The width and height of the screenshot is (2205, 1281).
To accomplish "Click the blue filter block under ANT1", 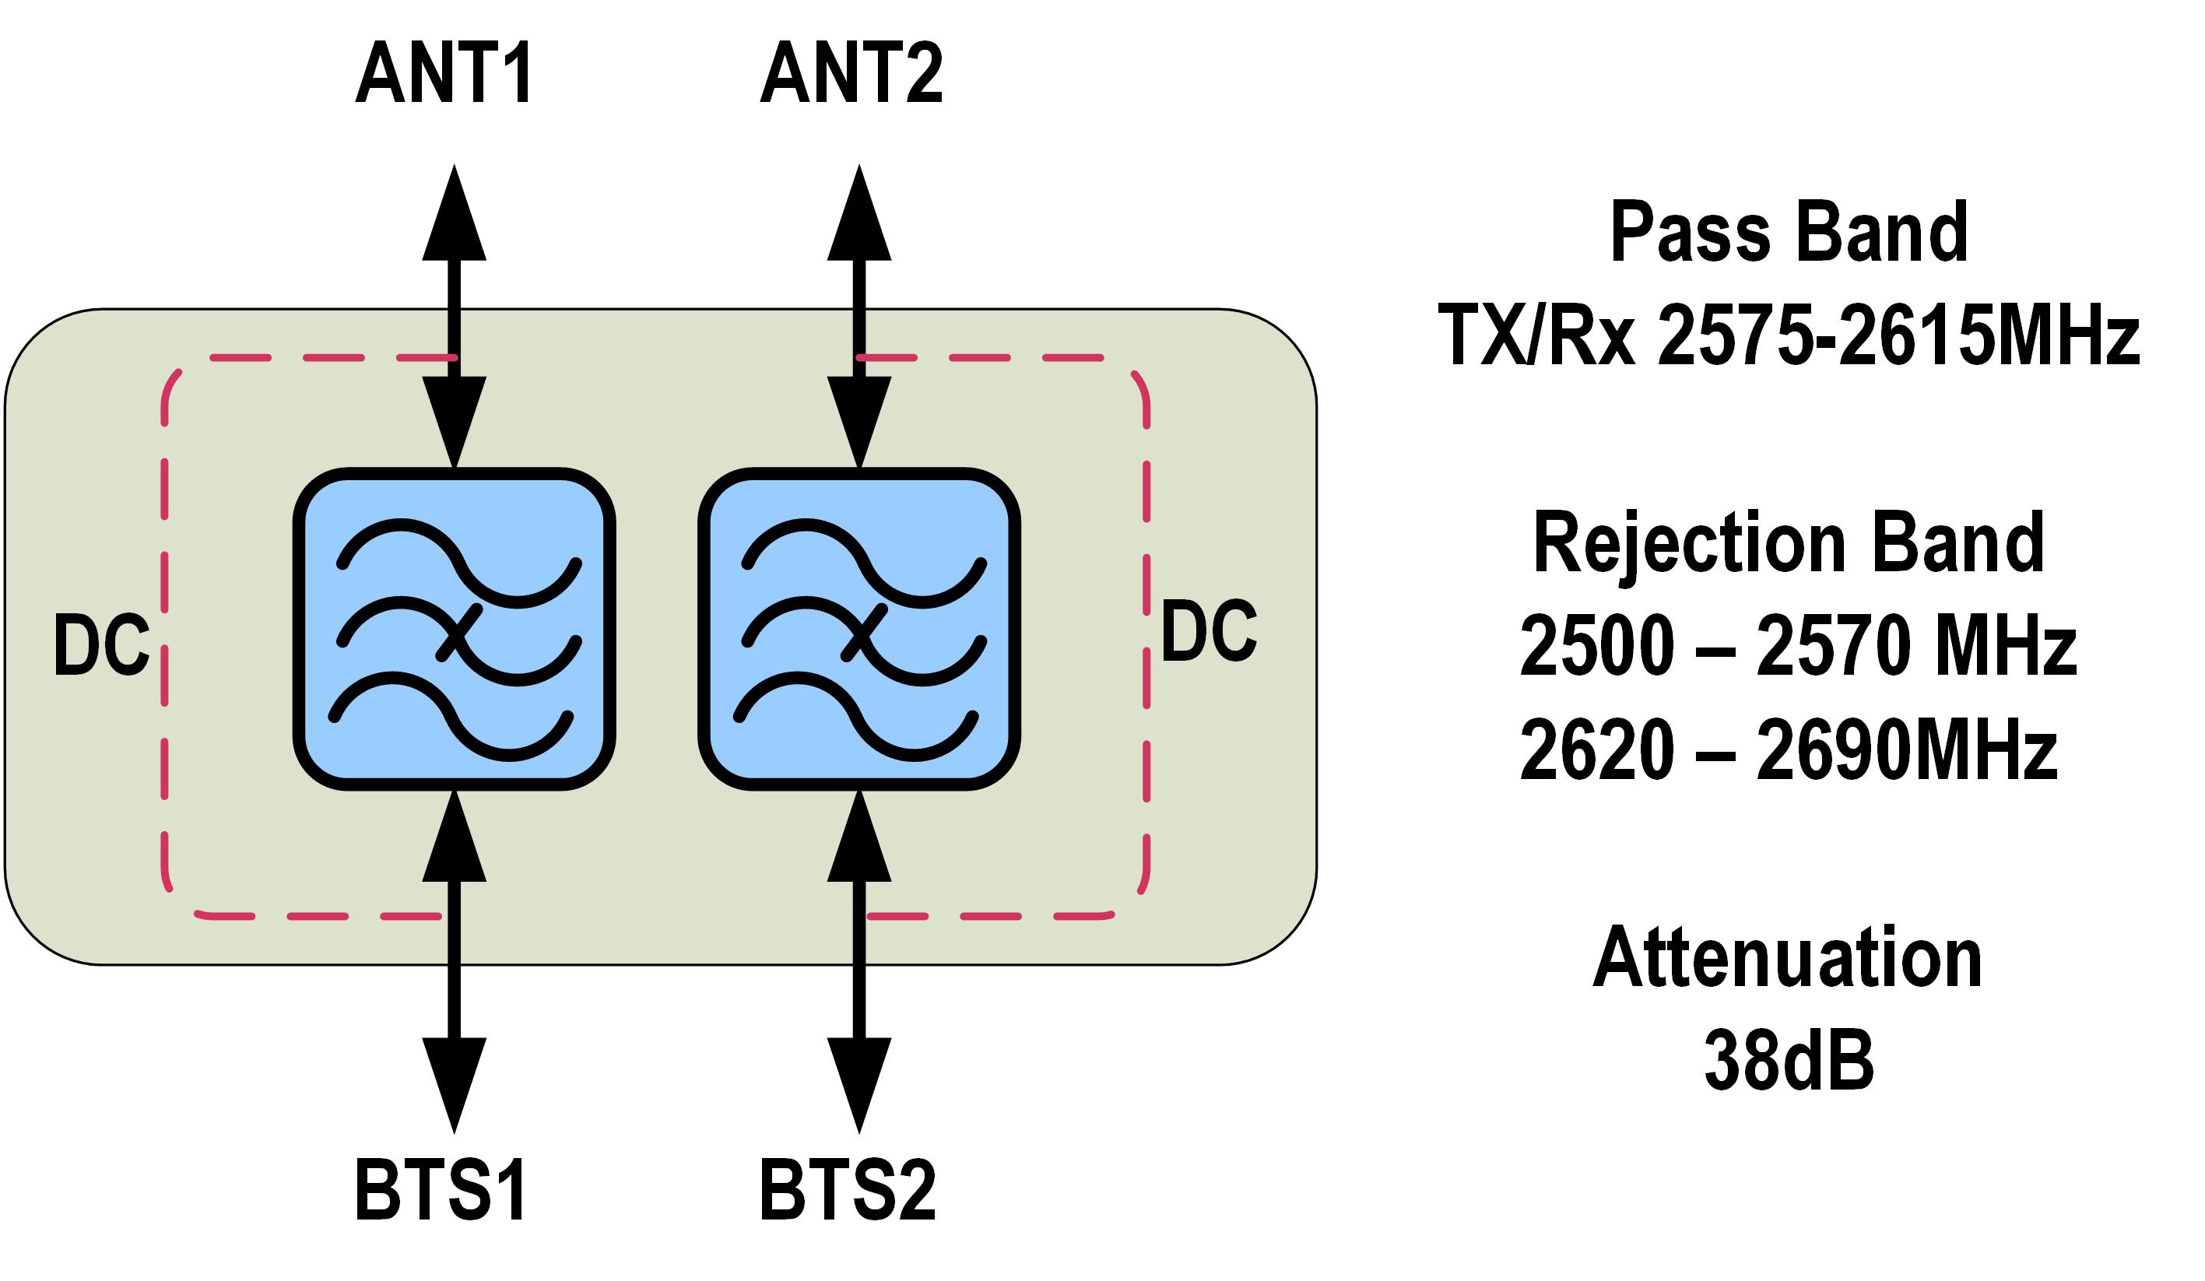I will [454, 629].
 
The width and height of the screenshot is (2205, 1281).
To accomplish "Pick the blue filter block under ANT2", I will [859, 629].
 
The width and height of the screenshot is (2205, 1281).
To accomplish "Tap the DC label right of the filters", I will [1209, 631].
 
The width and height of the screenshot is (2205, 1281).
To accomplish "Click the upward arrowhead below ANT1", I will [454, 214].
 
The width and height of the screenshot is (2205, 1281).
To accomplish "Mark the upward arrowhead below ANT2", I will [859, 214].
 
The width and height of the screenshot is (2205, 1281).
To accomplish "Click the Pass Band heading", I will [1789, 232].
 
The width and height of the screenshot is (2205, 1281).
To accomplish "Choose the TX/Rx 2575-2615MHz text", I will [1789, 335].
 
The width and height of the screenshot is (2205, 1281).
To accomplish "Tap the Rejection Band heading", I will [1789, 543].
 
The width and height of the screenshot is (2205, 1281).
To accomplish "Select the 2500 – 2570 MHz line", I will [1798, 647].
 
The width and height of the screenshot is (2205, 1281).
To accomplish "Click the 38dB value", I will [1789, 1061].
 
